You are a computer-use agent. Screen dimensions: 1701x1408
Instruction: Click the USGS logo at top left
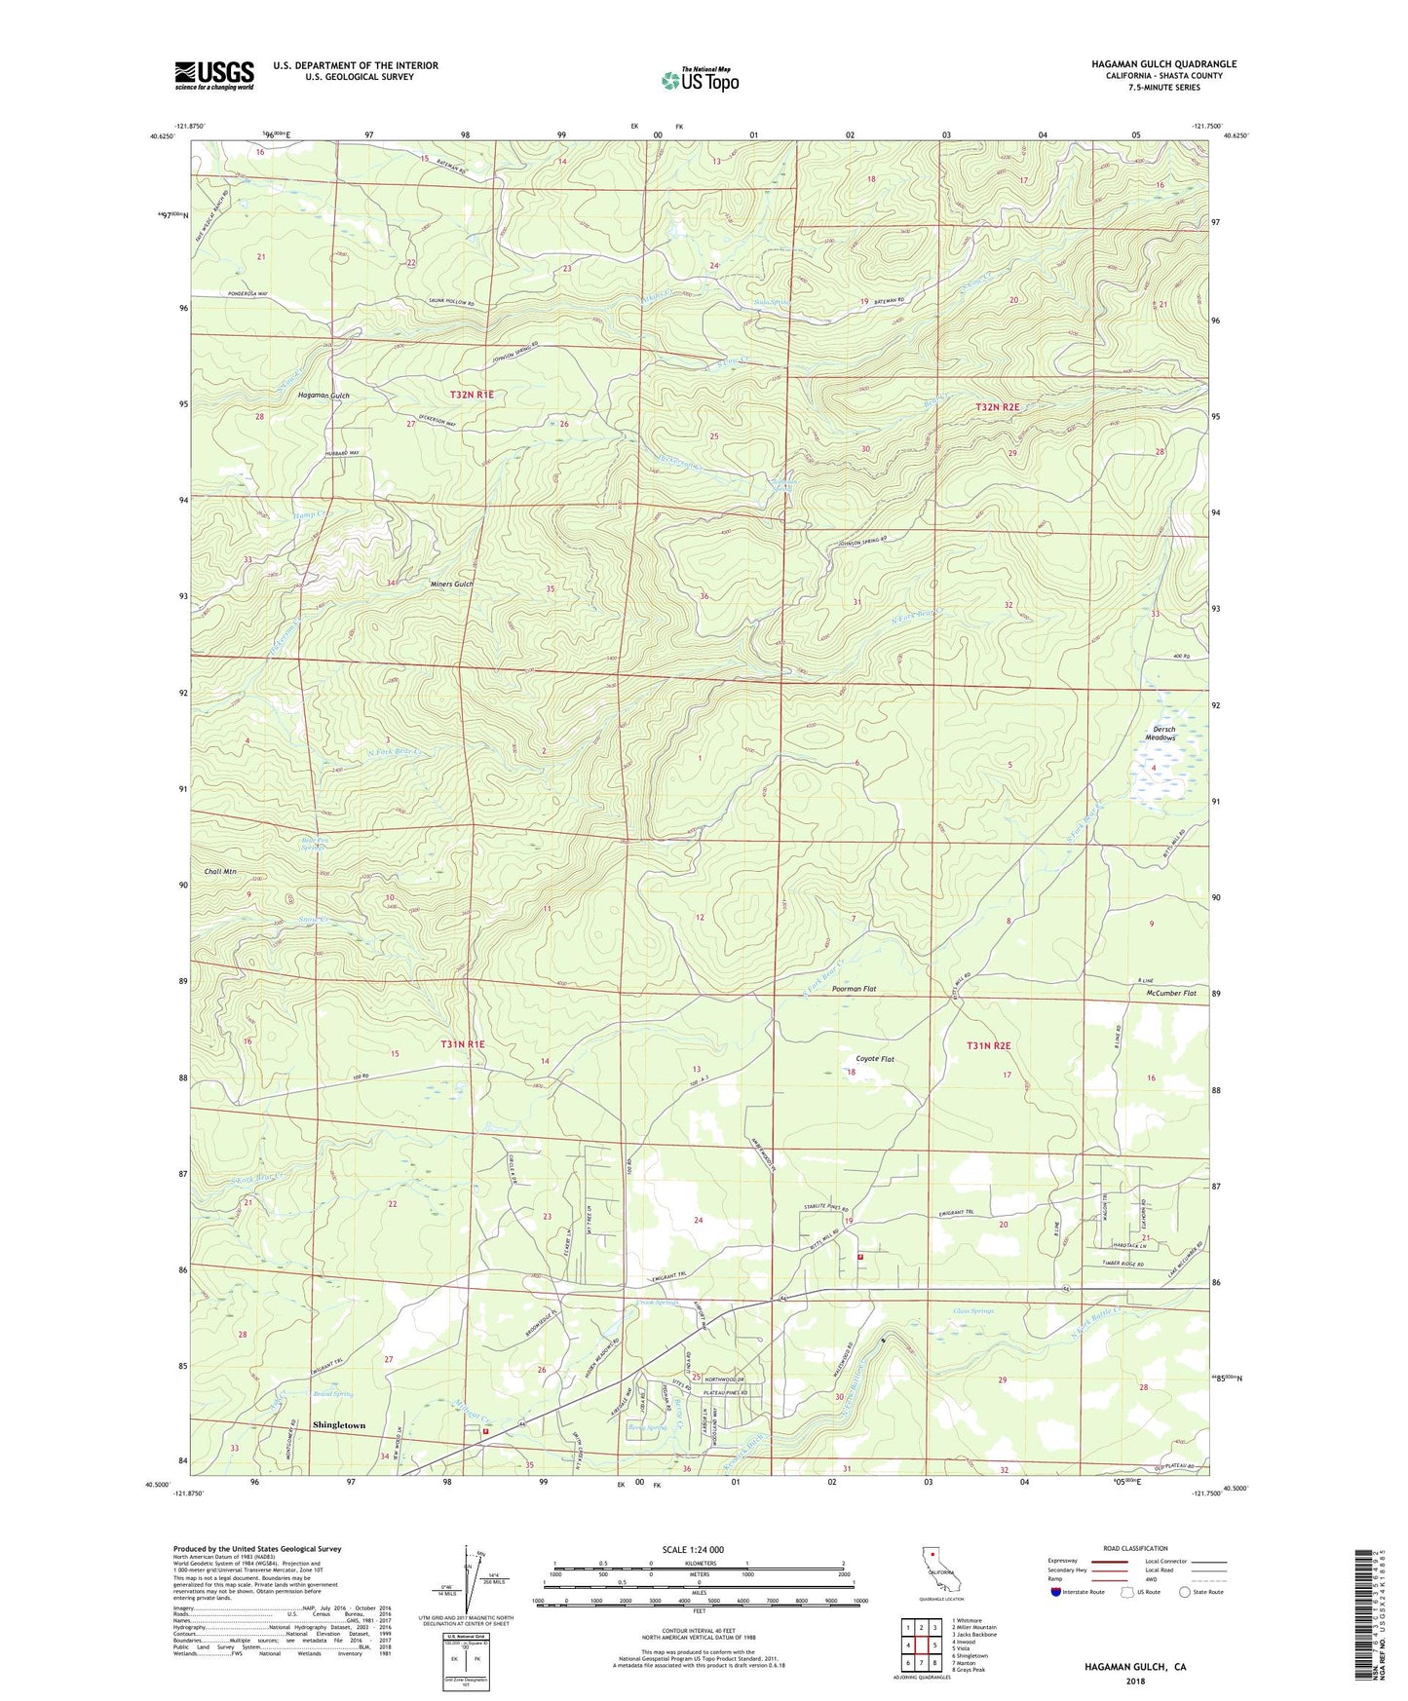(x=214, y=75)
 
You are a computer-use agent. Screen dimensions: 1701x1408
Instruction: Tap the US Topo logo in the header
(x=700, y=80)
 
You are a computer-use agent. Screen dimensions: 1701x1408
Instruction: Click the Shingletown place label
(x=339, y=1424)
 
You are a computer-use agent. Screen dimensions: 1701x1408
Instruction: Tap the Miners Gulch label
(x=451, y=584)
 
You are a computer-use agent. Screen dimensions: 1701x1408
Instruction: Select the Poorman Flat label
(x=855, y=989)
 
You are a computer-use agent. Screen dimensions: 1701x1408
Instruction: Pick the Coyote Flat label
(x=874, y=1058)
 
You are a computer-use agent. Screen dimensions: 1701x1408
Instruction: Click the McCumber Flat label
(x=1170, y=993)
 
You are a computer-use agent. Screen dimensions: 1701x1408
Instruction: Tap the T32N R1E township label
(x=473, y=395)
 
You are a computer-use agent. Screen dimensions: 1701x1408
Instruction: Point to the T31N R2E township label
(x=989, y=1045)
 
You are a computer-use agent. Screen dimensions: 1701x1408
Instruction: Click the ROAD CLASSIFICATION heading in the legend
(x=1135, y=1548)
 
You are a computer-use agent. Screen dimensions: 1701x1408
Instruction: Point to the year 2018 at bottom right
(x=1135, y=1681)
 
